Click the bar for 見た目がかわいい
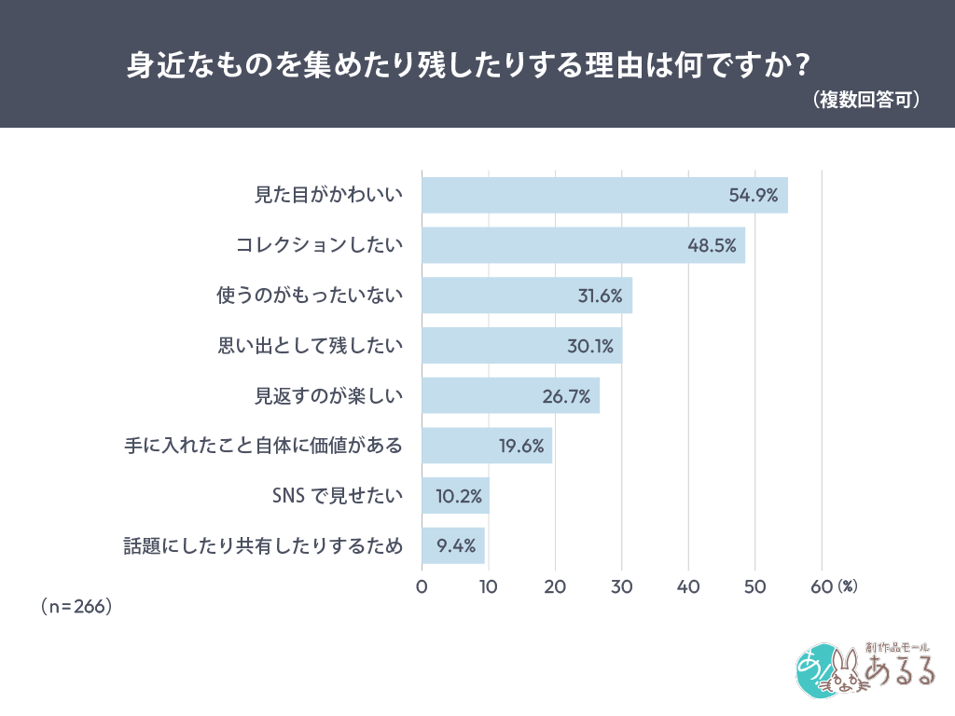coord(604,195)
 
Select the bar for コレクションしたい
coord(583,245)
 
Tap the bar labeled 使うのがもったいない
coord(527,296)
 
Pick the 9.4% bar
coord(453,545)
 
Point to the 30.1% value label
coord(590,346)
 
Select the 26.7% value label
coord(566,396)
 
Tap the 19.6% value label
coord(521,447)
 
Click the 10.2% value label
coord(458,497)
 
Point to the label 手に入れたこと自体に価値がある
coord(264,446)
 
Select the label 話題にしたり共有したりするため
coord(264,546)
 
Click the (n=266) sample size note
coord(76,606)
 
